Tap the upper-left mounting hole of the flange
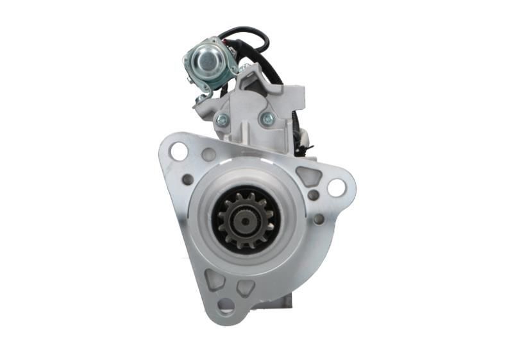point(178,152)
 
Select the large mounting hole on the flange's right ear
point(336,187)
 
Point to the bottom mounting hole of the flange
point(225,304)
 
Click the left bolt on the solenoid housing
point(223,119)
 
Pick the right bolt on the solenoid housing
point(267,119)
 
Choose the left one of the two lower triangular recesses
point(214,280)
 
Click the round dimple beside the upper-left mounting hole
point(208,154)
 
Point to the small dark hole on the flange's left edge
point(188,180)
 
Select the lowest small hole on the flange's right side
point(319,219)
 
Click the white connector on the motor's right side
point(303,137)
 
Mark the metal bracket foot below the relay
point(203,98)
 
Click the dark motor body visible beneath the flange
point(276,302)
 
